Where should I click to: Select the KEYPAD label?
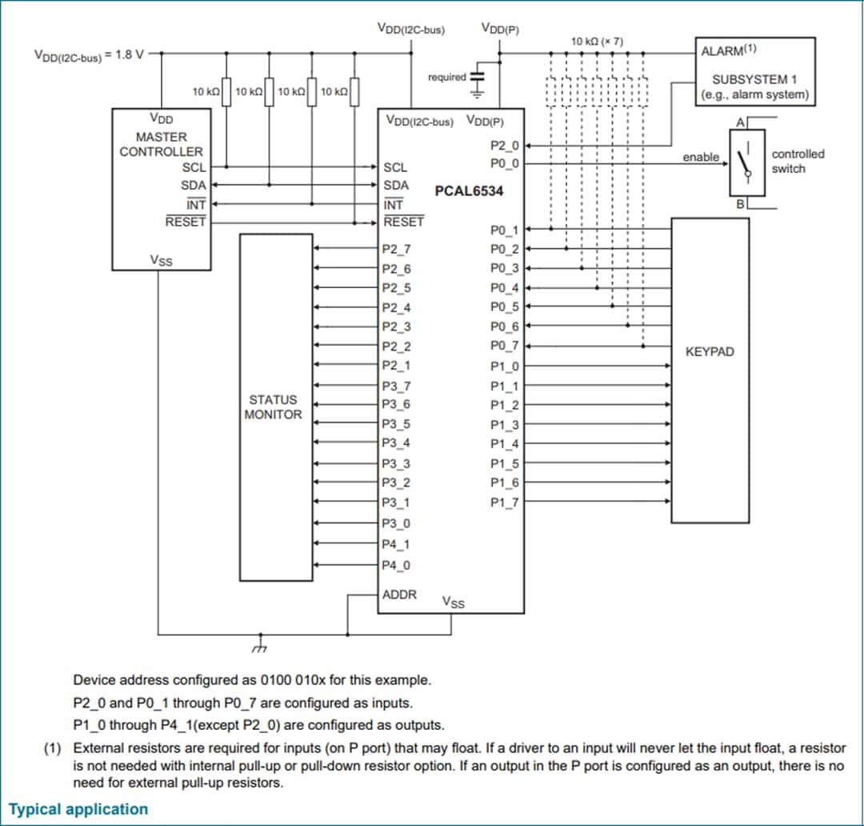(x=710, y=351)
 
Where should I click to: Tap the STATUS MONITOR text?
(x=273, y=407)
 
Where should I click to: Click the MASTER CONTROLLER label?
(x=161, y=144)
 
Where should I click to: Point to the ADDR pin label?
(x=399, y=595)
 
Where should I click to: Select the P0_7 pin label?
(x=504, y=346)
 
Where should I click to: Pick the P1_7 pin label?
(x=504, y=502)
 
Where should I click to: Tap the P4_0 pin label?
(x=396, y=565)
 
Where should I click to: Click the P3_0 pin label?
(x=396, y=523)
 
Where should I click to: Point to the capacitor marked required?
(x=478, y=77)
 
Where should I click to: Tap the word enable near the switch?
(x=700, y=158)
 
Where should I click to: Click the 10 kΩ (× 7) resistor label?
(x=597, y=41)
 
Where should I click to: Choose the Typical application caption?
(x=78, y=808)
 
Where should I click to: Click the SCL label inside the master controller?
(x=194, y=167)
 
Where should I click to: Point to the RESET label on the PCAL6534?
(x=403, y=222)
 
